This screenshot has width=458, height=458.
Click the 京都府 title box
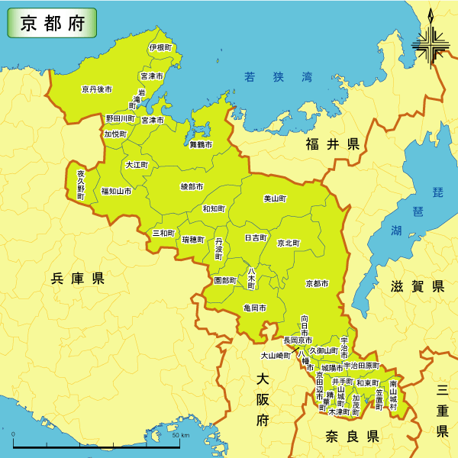coord(52,23)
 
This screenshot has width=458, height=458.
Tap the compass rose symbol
coord(430,44)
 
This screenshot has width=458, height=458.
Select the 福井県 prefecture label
coord(332,144)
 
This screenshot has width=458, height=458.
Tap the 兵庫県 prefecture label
coord(77,279)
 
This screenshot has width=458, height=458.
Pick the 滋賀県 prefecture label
coord(417,286)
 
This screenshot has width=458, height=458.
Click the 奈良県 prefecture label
coord(352,437)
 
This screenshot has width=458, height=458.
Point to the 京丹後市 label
coord(97,89)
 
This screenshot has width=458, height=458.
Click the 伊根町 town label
coord(160,47)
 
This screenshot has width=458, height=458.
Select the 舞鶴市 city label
coord(201,144)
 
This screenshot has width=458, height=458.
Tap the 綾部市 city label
coord(192,186)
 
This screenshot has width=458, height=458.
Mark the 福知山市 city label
coord(116,191)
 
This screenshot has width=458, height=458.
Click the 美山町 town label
coord(275,198)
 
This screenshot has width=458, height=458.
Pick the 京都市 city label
coord(317,283)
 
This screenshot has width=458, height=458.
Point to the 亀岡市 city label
coord(254,308)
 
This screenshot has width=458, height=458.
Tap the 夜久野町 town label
coord(81,185)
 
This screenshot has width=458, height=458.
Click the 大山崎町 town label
coord(276,355)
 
